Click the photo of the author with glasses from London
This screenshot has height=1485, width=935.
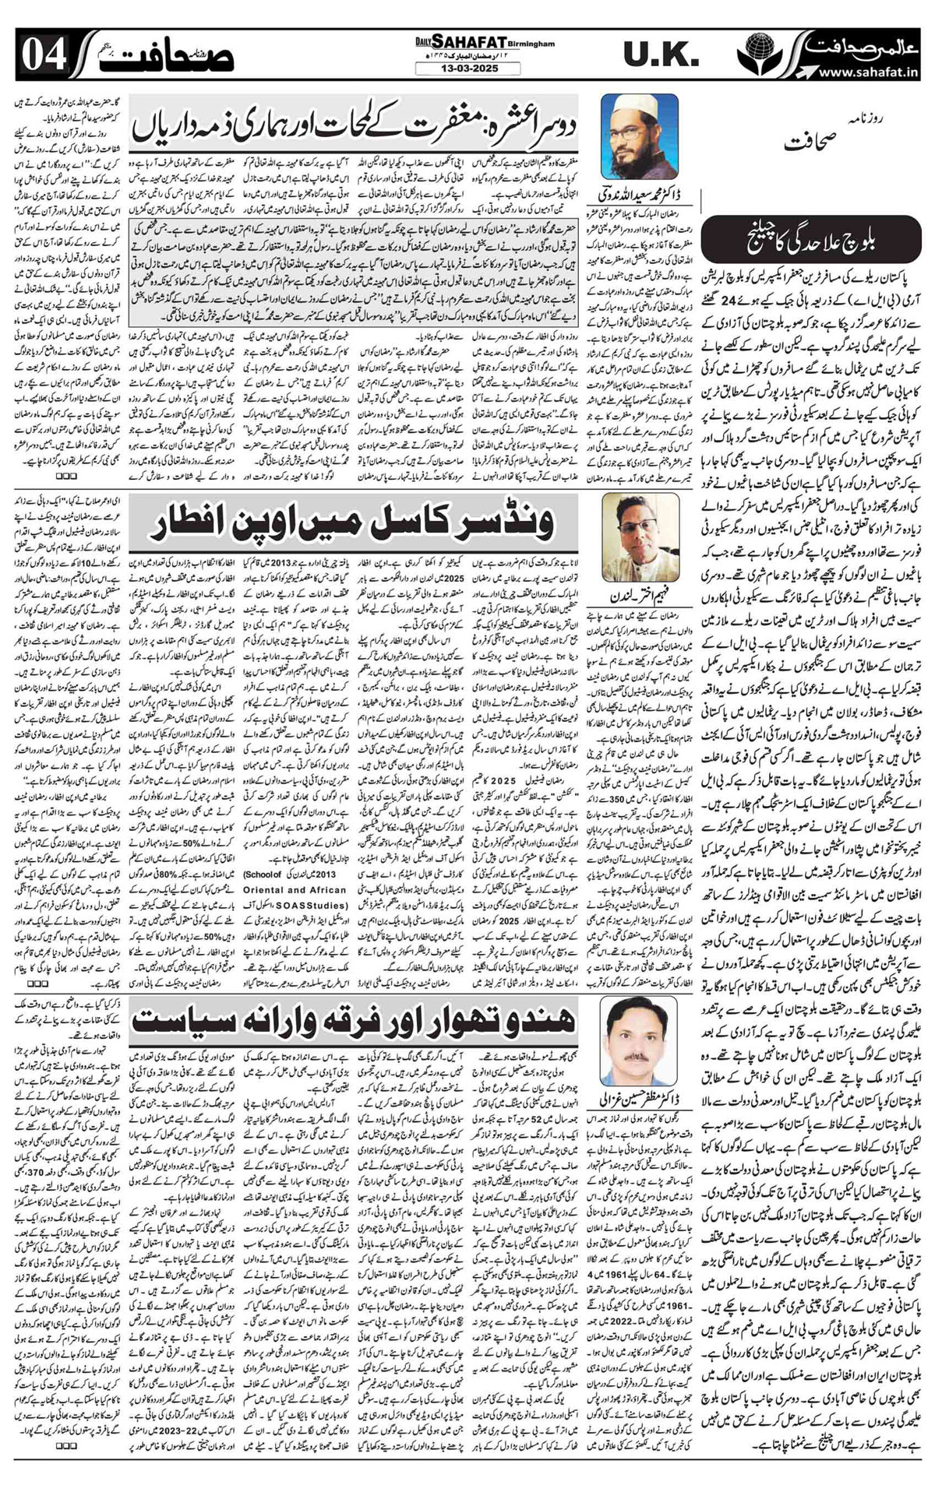tap(638, 533)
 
